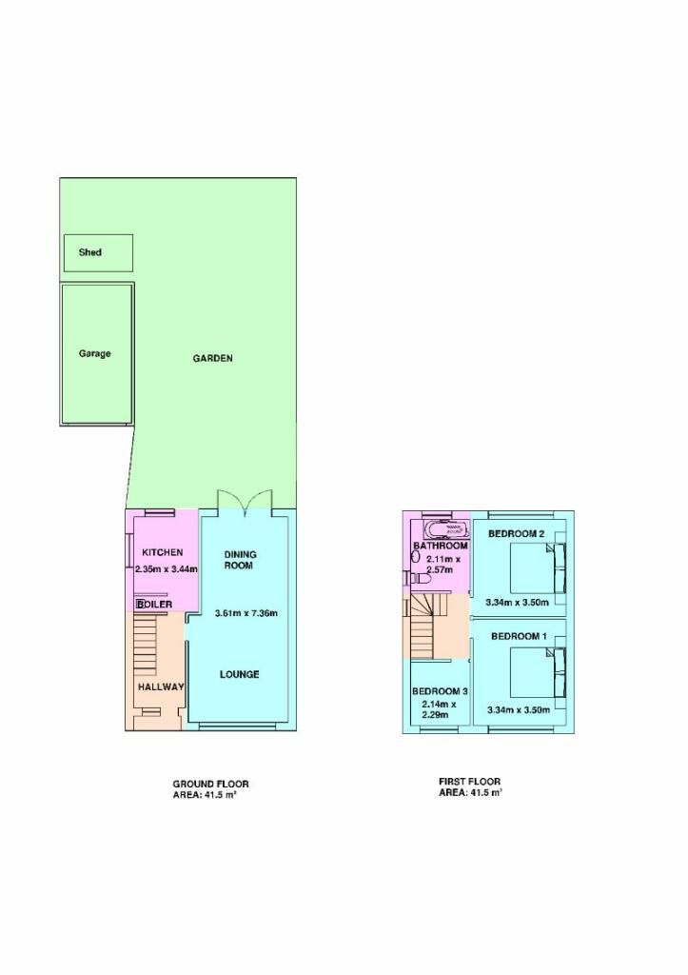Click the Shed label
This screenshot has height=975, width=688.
[90, 252]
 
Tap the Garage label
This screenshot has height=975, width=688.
[94, 354]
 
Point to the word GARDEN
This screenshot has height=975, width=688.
[212, 358]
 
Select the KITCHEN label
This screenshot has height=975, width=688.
[162, 552]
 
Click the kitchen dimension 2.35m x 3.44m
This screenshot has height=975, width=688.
[167, 568]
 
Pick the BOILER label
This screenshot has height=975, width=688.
[155, 605]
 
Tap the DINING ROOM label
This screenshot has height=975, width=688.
[240, 560]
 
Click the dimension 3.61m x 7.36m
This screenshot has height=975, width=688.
[246, 613]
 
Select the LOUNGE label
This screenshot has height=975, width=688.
[239, 674]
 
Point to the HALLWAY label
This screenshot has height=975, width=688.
[161, 687]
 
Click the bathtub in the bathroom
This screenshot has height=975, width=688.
[445, 529]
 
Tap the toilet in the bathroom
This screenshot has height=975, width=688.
[422, 578]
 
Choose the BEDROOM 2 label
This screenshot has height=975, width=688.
[517, 533]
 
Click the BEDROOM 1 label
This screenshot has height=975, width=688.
[519, 636]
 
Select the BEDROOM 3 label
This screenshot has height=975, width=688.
[440, 691]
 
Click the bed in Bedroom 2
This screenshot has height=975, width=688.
[539, 568]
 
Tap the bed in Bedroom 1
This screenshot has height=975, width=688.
[539, 672]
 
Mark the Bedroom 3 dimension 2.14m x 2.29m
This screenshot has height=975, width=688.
[440, 709]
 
